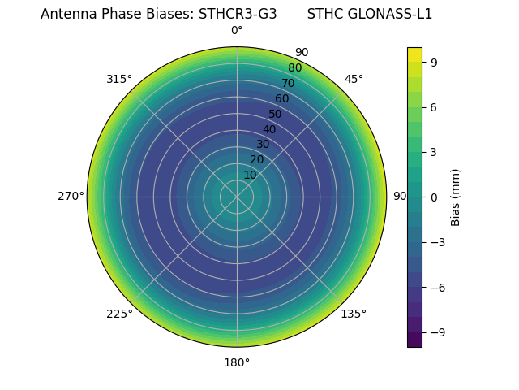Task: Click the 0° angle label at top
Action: (x=237, y=31)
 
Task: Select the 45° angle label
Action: (x=354, y=79)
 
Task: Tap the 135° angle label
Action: (x=354, y=314)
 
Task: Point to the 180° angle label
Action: (x=237, y=362)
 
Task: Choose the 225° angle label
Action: (x=119, y=314)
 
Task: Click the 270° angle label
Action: (x=71, y=197)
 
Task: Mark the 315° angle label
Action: (x=119, y=79)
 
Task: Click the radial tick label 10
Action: (x=250, y=175)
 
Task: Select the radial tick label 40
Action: (x=269, y=129)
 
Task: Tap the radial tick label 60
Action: (x=282, y=99)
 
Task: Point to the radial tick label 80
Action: (x=295, y=68)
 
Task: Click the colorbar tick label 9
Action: (x=434, y=62)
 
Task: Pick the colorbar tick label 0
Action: (x=434, y=197)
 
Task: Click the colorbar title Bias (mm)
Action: (x=456, y=197)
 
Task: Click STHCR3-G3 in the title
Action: (x=238, y=14)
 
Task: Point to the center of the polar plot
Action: (x=237, y=197)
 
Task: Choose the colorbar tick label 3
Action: (x=434, y=152)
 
